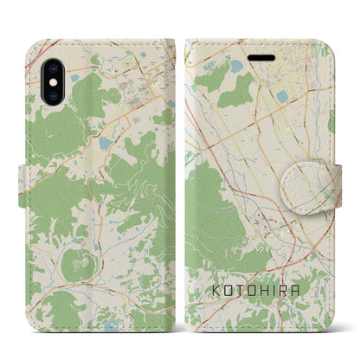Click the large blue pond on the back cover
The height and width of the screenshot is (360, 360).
pos(106,143)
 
